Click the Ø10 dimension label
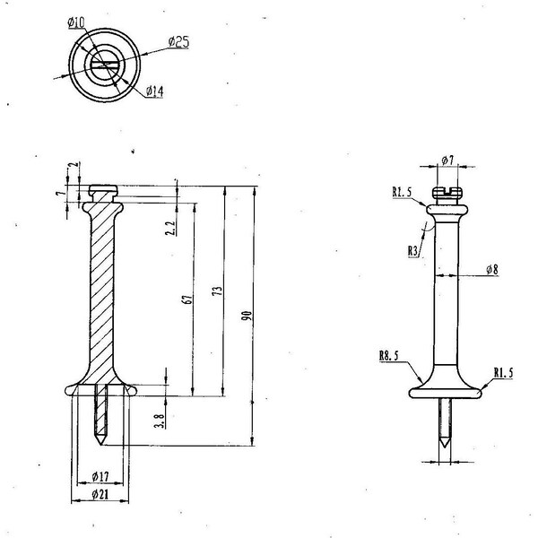76,22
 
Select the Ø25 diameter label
178,42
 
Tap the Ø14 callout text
155,91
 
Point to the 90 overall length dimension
247,316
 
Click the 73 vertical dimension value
218,291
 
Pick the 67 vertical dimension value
187,299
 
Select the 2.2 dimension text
170,228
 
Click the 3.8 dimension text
160,421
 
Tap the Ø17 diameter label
100,476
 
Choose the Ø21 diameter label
100,494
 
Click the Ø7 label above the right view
447,160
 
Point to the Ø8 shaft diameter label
492,270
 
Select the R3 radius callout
412,251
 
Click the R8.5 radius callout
389,355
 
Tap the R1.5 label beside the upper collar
402,192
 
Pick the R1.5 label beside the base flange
503,373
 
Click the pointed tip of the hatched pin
100,445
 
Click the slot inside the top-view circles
104,65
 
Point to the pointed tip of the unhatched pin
445,447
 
